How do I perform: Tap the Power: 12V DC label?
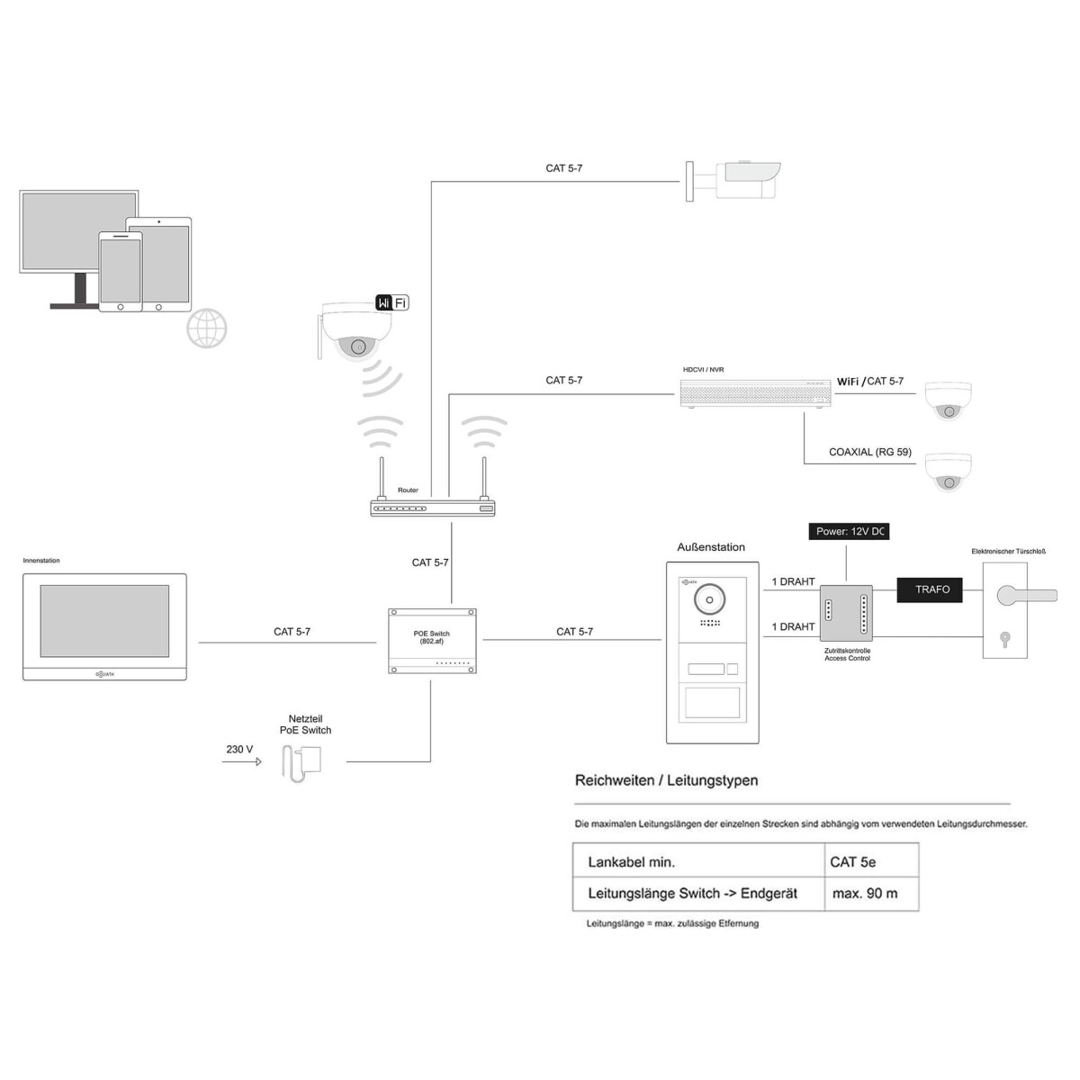coord(850,532)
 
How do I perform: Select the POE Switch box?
coord(431,640)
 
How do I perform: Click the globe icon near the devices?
coord(206,328)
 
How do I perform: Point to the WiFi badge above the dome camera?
coord(391,302)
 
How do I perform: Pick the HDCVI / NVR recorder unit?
coord(754,393)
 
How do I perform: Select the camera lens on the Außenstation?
coord(711,598)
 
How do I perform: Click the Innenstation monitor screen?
coord(104,621)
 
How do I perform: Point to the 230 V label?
coord(239,749)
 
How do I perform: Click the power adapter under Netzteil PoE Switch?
coord(304,765)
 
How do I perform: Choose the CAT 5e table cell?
coord(870,861)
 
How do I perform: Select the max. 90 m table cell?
coord(870,894)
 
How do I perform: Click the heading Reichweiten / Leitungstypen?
coord(666,780)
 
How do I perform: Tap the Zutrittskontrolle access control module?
coord(846,612)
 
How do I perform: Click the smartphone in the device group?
coord(120,273)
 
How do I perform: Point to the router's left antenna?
coord(382,479)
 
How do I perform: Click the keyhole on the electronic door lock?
coord(1005,640)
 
